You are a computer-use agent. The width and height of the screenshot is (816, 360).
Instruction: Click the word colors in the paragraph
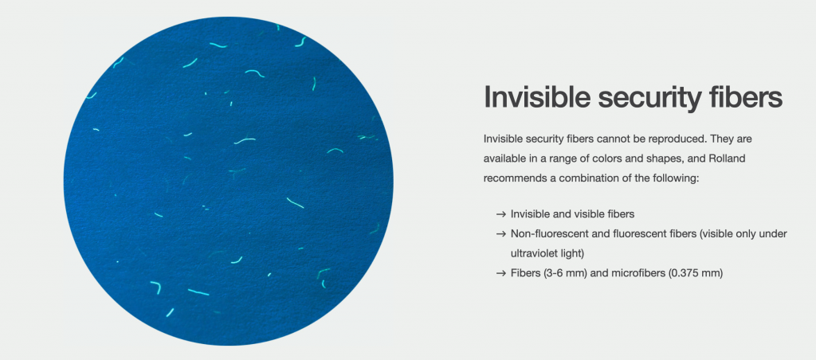(x=586, y=158)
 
